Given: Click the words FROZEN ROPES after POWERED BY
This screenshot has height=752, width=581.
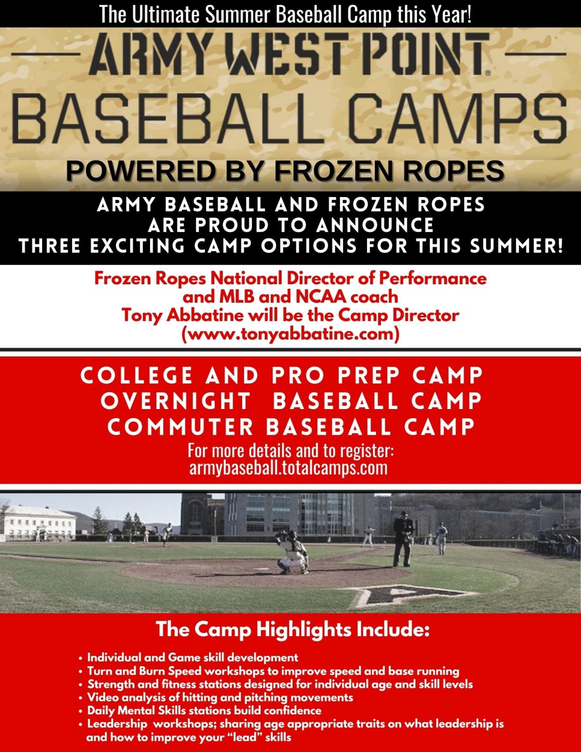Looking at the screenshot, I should (x=389, y=171).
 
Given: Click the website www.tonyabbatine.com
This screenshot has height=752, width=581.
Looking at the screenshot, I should (x=290, y=334).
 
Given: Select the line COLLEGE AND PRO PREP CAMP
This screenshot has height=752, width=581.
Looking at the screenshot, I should (x=282, y=375).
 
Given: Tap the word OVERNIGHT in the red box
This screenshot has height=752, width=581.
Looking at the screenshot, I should (x=176, y=401).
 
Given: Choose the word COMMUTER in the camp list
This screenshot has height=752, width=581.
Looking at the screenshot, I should (x=180, y=427).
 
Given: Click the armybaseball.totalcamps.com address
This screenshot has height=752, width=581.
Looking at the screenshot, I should (x=288, y=468).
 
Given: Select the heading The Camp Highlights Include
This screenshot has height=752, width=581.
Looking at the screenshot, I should (x=293, y=629).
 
